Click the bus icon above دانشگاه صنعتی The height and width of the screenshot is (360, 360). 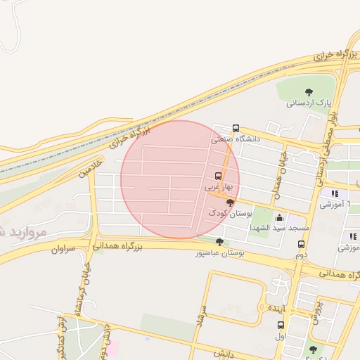point(236,129)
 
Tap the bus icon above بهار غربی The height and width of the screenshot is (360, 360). point(218,176)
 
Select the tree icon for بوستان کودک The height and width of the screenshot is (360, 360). point(230,202)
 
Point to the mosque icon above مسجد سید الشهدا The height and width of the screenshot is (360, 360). point(280,217)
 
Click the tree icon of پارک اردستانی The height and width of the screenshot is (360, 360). point(309,91)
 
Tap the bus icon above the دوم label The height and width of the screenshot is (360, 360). point(301,245)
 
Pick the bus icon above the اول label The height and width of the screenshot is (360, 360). point(281,325)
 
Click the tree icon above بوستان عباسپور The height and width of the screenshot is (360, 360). point(220,242)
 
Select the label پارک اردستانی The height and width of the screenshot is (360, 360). point(309,103)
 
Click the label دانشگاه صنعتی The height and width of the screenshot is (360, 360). point(236,139)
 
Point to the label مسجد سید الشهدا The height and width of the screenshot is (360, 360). point(280,229)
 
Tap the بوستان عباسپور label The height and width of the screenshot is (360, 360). point(220,253)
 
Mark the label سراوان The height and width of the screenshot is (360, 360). point(62,249)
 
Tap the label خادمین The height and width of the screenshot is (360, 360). point(91,167)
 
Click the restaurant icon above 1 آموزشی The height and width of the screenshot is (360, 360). point(335,193)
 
